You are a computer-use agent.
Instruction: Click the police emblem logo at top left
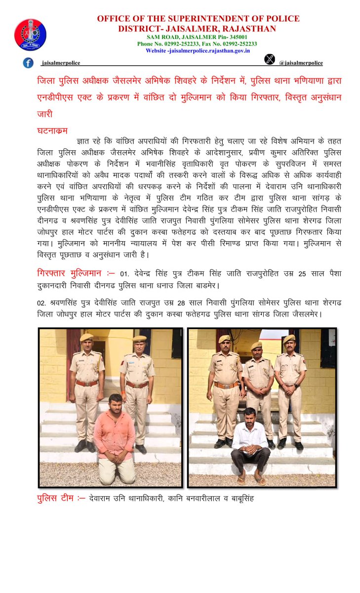30,35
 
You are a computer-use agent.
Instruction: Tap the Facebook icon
28,63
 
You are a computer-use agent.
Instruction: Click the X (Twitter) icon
269,59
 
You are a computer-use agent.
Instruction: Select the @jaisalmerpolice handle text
301,63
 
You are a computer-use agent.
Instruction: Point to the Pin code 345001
236,37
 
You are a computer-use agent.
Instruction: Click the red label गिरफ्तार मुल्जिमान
69,273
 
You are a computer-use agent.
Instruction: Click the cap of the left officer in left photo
87,337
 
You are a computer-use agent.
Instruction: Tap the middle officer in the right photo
257,390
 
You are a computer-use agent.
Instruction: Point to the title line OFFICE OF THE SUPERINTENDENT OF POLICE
198,19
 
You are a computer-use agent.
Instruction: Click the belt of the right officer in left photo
137,384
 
